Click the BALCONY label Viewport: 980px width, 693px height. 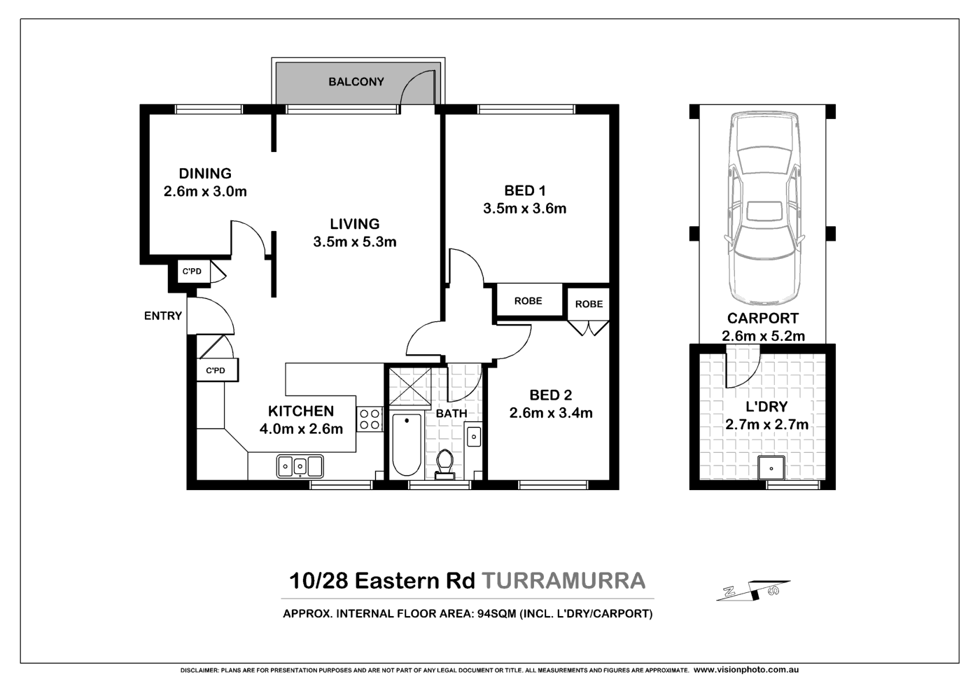point(356,82)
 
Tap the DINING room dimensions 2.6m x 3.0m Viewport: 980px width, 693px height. point(205,191)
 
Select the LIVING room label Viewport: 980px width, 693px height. point(355,224)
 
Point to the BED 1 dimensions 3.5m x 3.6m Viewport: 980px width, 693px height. point(524,209)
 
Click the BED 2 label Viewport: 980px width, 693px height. point(550,395)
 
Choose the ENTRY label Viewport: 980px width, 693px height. point(163,316)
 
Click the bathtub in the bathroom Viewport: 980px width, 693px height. point(406,444)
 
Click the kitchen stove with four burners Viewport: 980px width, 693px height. point(370,419)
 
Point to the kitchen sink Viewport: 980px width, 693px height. point(300,465)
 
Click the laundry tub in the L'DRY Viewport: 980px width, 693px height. point(771,467)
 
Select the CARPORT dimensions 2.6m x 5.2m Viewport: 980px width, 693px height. point(763,336)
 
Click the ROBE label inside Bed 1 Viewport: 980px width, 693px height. point(528,301)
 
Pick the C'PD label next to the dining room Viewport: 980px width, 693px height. point(192,272)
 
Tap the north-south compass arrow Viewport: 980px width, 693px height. point(753,591)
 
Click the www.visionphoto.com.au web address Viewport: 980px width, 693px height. point(746,670)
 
